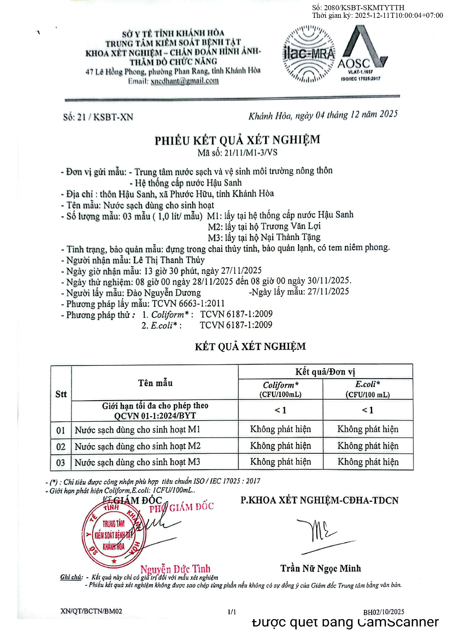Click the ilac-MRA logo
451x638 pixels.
tap(309, 54)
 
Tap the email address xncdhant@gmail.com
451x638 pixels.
tap(184, 81)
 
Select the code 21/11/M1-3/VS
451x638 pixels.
tap(251, 152)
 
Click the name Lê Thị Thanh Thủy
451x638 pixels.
tap(169, 260)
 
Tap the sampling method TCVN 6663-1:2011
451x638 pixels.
tap(188, 304)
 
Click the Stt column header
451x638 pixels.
tap(61, 394)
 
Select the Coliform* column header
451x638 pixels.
tap(280, 389)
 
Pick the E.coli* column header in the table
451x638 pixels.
tap(368, 389)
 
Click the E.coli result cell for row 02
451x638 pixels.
tap(368, 446)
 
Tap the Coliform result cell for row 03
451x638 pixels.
tap(280, 462)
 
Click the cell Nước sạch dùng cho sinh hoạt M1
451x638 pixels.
tap(137, 430)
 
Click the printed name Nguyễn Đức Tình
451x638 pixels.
tap(175, 569)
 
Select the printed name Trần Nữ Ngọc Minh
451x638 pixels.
tap(320, 568)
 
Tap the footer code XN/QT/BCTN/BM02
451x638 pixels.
tap(91, 611)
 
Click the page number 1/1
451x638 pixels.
tap(232, 612)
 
